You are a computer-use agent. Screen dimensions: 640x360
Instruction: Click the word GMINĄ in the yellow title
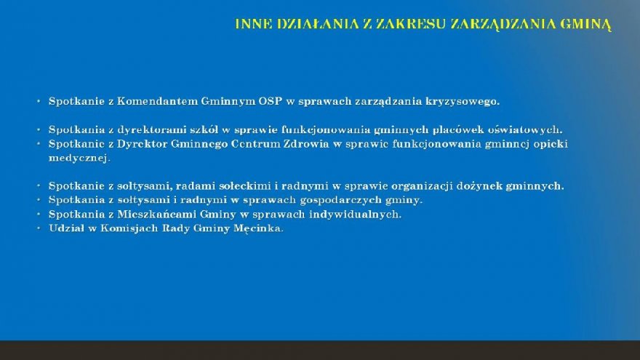(x=585, y=25)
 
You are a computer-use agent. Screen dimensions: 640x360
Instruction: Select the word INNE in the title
(x=254, y=24)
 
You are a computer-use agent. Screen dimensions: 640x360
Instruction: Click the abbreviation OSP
(x=271, y=101)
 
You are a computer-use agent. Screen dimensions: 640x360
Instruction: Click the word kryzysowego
(x=463, y=102)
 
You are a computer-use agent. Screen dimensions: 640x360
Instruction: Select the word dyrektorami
(x=152, y=129)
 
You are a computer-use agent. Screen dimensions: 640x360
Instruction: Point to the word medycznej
(x=79, y=159)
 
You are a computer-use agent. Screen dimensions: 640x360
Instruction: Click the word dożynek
(x=479, y=186)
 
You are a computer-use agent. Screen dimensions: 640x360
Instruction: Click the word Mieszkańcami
(x=157, y=215)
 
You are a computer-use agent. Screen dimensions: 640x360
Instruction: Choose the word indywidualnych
(x=355, y=215)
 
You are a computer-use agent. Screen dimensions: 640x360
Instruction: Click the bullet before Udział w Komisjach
(x=39, y=228)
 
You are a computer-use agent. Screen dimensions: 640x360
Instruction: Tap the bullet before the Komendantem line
(x=39, y=101)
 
